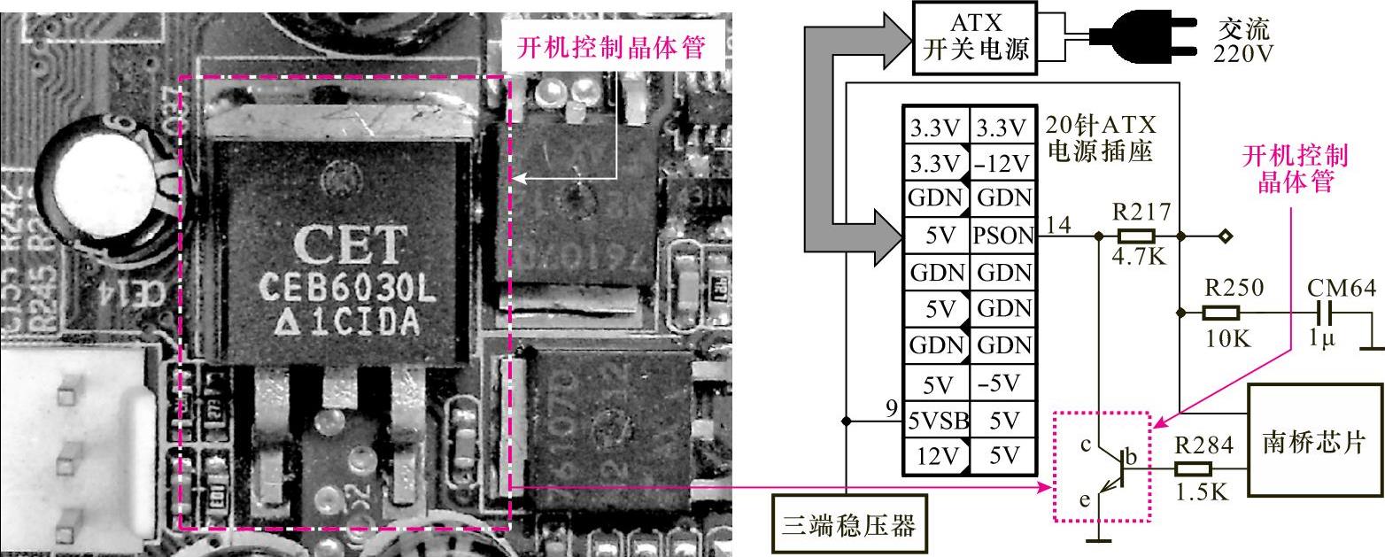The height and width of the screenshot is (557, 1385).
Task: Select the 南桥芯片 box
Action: (1314, 439)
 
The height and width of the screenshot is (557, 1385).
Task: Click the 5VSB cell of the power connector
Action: (936, 421)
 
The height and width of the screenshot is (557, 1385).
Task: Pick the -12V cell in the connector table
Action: (1002, 163)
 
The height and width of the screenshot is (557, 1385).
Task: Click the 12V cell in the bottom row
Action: (936, 457)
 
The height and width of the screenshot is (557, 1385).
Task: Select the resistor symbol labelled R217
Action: (1135, 236)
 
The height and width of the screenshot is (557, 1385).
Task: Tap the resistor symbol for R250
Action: (1220, 312)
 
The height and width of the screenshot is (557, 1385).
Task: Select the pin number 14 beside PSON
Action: (1058, 226)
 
